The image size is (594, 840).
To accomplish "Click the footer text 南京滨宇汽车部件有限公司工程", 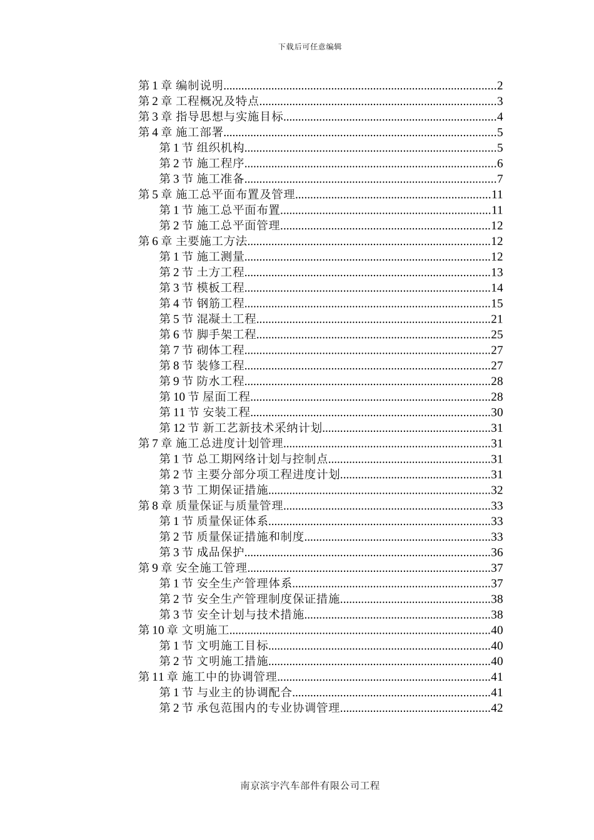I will point(310,786).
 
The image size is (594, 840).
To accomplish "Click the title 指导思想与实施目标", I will point(229,117).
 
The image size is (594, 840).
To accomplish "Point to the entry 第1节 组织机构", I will point(201,148).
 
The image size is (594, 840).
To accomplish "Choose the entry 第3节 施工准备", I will point(201,179).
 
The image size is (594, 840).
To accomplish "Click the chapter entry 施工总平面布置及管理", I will point(236,195).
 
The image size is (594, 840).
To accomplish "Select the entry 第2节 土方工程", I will point(201,272).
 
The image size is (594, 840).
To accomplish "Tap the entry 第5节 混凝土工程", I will point(208,319).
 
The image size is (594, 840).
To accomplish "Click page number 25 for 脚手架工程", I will point(497,335).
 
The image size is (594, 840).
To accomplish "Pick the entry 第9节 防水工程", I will point(201,381).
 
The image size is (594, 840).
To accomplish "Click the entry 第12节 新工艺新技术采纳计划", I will point(241,428).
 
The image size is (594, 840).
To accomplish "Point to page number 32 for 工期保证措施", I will point(497,491).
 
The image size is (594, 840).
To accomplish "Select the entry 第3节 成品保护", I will point(201,552).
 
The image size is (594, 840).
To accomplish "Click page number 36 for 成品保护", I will point(497,552).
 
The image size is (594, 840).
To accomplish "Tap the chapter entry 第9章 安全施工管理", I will point(193,568).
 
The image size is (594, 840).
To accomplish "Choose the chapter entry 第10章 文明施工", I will point(184,630).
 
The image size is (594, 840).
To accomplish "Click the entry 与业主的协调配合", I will point(244,692).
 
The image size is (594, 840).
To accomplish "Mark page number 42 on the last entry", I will point(497,708).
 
